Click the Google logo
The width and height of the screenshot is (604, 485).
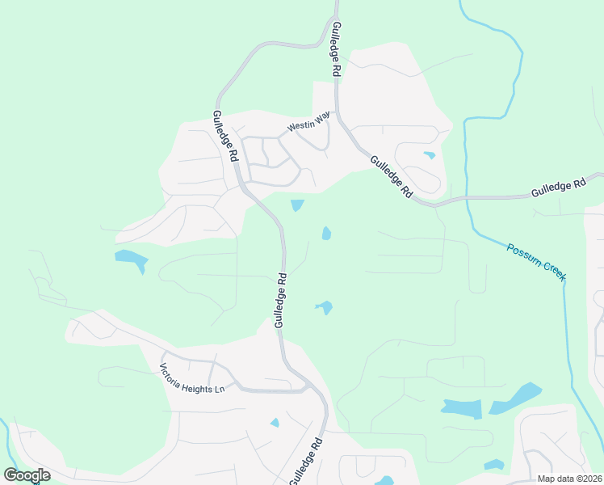27,475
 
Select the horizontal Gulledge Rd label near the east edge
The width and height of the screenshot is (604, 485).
558,190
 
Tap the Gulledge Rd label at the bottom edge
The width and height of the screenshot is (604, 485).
308,461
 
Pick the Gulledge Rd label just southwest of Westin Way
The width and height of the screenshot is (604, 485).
224,134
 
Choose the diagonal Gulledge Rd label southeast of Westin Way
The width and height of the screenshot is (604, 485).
392,177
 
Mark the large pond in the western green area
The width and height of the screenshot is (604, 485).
132,260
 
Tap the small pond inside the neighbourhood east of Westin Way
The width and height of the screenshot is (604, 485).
429,155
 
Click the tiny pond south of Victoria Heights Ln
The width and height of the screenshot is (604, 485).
275,423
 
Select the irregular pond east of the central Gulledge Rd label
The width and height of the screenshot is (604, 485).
325,307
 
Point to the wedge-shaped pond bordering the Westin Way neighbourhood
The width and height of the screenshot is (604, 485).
297,205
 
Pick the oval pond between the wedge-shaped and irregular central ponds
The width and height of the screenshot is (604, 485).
326,234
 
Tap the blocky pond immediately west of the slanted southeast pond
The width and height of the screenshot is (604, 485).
463,409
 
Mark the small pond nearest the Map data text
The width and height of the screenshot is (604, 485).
493,465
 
